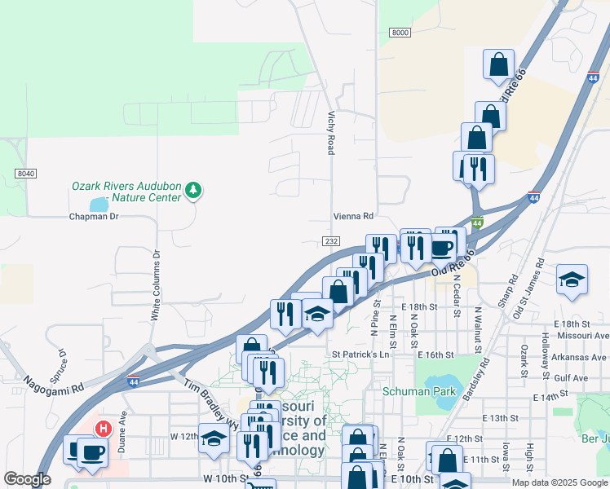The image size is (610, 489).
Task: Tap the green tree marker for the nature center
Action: pos(193,191)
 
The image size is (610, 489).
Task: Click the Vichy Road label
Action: pos(331,134)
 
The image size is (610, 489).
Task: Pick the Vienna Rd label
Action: pos(352,217)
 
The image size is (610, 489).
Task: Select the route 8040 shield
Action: pos(25,174)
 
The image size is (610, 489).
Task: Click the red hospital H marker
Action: pos(104,428)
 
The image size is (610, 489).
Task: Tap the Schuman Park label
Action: pos(420,391)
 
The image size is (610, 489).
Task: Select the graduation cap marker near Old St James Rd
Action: pos(572,280)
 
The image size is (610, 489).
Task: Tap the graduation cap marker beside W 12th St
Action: pos(214,438)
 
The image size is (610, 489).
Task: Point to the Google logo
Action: pos(28,480)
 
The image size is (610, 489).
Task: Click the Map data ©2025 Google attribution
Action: pos(559,482)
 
